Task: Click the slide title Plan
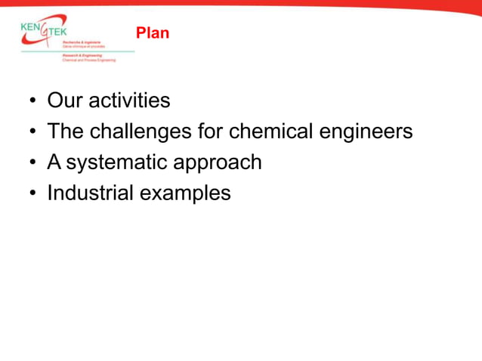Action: click(153, 33)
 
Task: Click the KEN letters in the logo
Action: click(32, 27)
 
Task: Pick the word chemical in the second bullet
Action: click(270, 131)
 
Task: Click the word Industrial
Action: click(89, 193)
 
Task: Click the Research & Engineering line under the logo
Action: click(83, 55)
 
